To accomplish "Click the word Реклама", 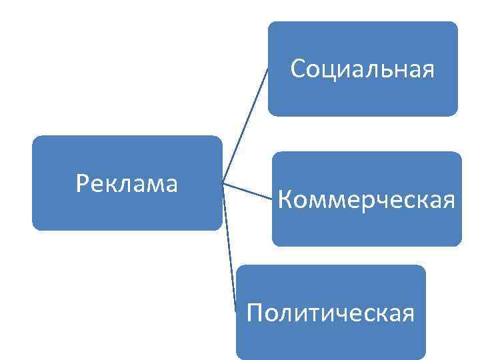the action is (127, 183).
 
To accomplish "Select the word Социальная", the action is (363, 69).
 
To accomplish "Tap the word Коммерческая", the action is (367, 198).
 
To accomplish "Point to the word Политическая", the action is (331, 311).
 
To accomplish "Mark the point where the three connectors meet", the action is (223, 182).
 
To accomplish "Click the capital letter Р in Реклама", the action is (82, 183).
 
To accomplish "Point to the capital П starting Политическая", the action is (254, 311).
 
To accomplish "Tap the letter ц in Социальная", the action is (330, 70).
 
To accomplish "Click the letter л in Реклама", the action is (125, 184).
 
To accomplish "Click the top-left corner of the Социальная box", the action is (269, 23).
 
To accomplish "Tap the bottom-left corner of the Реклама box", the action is (33, 229).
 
